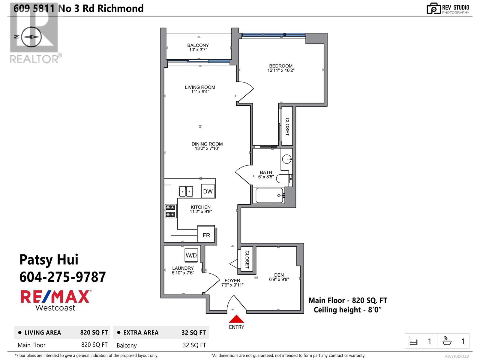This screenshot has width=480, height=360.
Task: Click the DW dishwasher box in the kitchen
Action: (x=208, y=191)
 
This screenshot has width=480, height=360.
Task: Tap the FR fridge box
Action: (x=206, y=235)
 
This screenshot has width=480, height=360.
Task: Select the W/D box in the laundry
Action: (x=191, y=255)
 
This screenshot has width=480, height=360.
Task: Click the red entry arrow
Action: (x=237, y=319)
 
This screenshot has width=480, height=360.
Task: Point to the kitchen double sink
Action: (x=186, y=191)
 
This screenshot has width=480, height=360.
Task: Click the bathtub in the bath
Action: (x=269, y=195)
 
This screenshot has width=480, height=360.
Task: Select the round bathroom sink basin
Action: (x=287, y=159)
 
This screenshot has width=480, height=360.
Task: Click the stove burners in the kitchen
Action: (x=170, y=211)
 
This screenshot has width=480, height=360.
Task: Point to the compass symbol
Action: (x=31, y=37)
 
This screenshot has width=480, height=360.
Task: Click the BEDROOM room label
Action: (x=281, y=66)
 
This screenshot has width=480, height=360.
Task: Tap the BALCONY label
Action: (x=198, y=45)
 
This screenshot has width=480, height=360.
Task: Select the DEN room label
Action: (x=279, y=275)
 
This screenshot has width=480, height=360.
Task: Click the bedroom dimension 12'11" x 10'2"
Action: (x=281, y=70)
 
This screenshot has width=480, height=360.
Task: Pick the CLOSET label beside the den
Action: (x=247, y=259)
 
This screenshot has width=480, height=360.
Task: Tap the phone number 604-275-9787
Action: (x=62, y=277)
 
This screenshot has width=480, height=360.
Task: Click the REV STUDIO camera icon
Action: (x=433, y=8)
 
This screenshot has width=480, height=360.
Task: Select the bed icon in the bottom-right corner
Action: (x=413, y=341)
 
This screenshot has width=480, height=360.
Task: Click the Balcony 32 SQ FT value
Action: (x=194, y=345)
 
